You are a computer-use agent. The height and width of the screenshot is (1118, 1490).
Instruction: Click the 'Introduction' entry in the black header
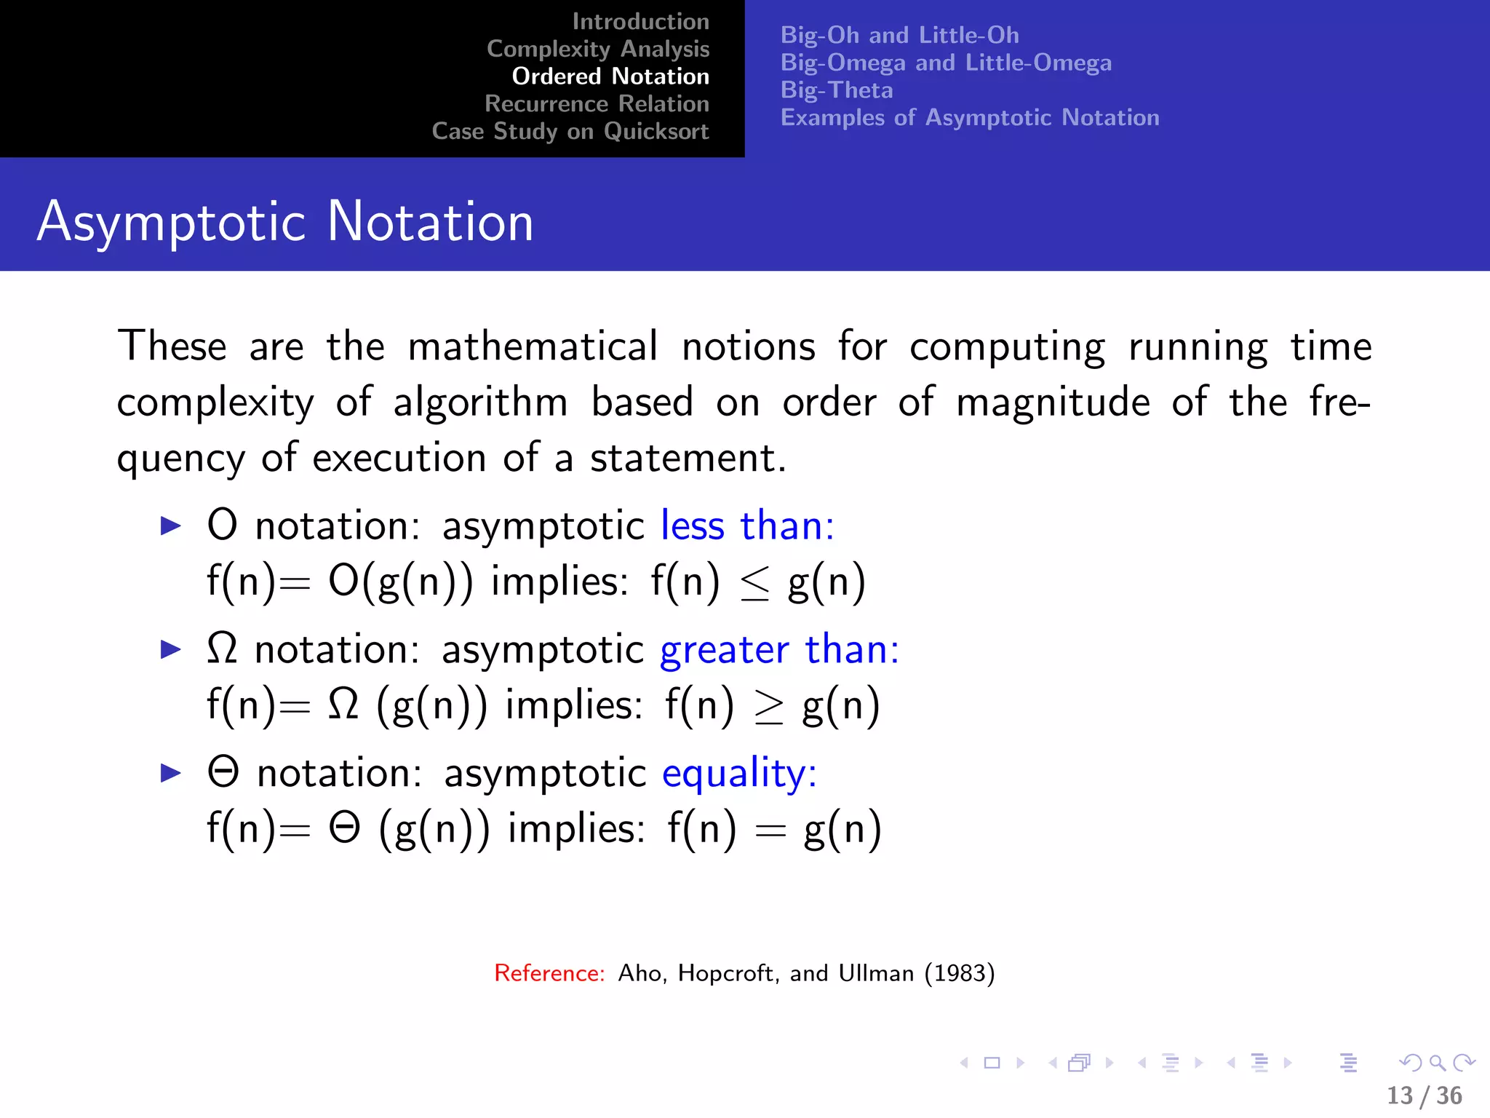[640, 22]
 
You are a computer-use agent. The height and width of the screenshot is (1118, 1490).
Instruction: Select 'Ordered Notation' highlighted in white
[610, 76]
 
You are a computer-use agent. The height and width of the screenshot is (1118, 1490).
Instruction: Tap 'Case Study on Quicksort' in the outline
[570, 131]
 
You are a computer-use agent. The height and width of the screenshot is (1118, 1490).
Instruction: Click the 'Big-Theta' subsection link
[837, 90]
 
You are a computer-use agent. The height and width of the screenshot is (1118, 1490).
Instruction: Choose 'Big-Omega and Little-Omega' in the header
[946, 63]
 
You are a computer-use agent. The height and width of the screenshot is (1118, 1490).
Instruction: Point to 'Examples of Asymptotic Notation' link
[970, 118]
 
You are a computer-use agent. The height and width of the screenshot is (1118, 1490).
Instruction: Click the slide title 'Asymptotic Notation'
[285, 221]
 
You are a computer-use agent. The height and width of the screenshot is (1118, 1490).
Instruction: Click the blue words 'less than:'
[747, 526]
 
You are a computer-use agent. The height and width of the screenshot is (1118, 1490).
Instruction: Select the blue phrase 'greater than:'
[779, 649]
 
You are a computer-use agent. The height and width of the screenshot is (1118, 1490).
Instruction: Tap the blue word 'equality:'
[739, 773]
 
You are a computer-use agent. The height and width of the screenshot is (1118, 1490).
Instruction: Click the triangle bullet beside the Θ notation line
[170, 773]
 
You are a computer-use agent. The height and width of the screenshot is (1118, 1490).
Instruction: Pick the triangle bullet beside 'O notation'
[170, 526]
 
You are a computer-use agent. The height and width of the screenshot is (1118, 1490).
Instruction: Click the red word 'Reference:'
[549, 973]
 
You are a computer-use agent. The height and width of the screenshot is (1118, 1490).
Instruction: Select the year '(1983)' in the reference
[959, 973]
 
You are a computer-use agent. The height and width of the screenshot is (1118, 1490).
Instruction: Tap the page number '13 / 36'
[1424, 1095]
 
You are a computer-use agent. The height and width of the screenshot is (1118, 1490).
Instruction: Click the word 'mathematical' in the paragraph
[533, 346]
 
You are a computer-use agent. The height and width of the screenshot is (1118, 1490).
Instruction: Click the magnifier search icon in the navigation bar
[1437, 1063]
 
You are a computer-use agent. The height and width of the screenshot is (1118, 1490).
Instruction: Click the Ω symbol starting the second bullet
[222, 648]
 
